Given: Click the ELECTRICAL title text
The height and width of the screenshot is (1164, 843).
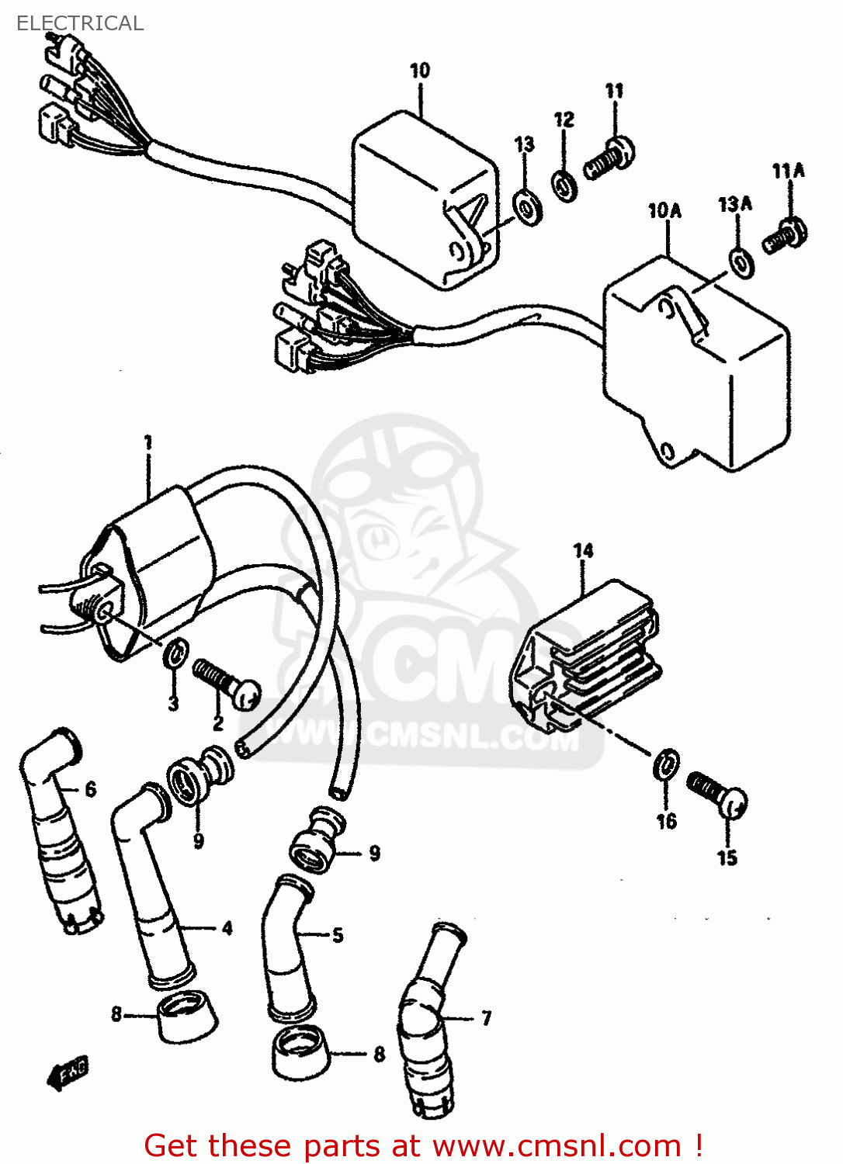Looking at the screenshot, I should pyautogui.click(x=79, y=23).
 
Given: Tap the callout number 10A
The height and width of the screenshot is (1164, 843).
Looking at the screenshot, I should pyautogui.click(x=664, y=210).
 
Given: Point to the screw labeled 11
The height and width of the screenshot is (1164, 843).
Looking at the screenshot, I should pyautogui.click(x=609, y=158).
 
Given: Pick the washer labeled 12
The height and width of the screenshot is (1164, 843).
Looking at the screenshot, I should pyautogui.click(x=564, y=185).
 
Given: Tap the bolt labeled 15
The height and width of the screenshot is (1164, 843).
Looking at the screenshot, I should pyautogui.click(x=717, y=795).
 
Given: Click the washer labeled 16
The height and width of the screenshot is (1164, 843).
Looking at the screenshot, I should pyautogui.click(x=666, y=765).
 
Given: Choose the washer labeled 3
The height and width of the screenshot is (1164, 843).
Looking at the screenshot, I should pyautogui.click(x=175, y=653).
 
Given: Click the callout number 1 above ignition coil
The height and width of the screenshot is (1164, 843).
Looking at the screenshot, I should pyautogui.click(x=147, y=443).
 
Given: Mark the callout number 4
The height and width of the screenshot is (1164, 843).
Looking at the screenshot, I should pyautogui.click(x=227, y=928).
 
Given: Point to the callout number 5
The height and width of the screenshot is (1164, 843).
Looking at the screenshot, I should pyautogui.click(x=338, y=935).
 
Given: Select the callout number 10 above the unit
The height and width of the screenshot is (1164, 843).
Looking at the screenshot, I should pyautogui.click(x=419, y=71).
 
